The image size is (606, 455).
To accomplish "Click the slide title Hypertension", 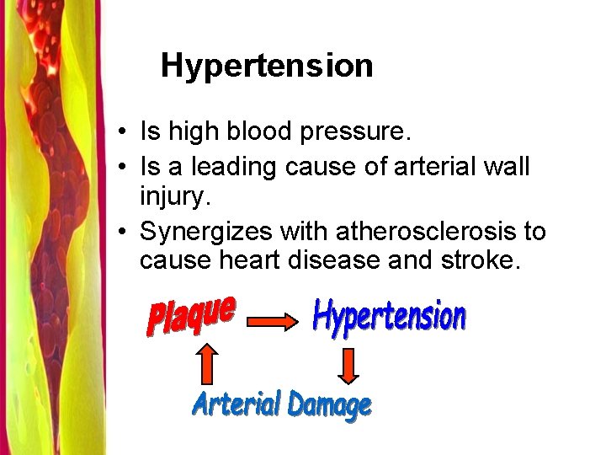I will [267, 66].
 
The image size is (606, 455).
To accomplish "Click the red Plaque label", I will [191, 315].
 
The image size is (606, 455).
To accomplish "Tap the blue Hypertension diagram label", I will [388, 317].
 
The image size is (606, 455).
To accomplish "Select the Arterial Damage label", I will [281, 405].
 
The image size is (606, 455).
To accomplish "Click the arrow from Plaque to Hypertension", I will [271, 321].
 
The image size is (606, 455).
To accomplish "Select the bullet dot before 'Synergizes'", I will [124, 232].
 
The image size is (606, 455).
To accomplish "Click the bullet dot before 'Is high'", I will [124, 132].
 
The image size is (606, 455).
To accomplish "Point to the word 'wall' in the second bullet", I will [508, 167].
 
